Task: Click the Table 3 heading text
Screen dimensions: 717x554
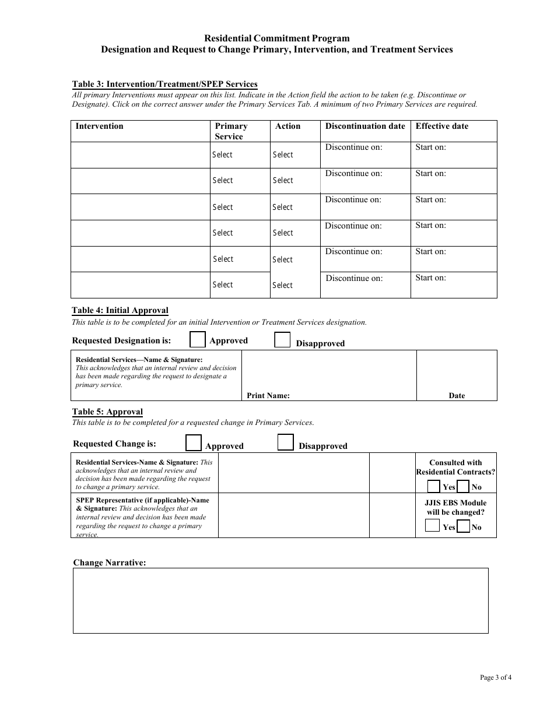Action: click(164, 84)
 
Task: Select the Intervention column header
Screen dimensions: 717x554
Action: click(100, 126)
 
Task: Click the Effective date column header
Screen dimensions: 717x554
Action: click(441, 126)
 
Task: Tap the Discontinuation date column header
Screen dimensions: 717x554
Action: click(365, 126)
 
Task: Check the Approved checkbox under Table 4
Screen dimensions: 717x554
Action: click(198, 340)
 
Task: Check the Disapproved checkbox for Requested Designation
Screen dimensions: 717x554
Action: click(282, 340)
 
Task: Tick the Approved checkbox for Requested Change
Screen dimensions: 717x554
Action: click(194, 443)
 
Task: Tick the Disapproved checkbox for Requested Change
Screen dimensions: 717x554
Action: click(285, 443)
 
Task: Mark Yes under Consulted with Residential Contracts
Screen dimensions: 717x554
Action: click(434, 486)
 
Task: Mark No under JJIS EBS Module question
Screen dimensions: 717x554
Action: click(463, 526)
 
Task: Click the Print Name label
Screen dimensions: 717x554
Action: click(268, 395)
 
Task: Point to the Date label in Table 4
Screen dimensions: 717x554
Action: click(457, 395)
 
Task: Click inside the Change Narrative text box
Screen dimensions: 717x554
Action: click(280, 600)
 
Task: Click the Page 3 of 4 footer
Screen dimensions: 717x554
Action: click(496, 677)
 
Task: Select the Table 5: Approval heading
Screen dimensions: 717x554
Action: click(107, 412)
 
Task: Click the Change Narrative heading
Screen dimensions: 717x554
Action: click(109, 563)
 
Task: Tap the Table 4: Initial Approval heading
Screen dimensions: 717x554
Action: click(120, 311)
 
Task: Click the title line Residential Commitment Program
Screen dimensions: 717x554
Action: click(277, 38)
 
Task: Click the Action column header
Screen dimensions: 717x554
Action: click(287, 126)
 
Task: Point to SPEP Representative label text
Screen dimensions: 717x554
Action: click(142, 500)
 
